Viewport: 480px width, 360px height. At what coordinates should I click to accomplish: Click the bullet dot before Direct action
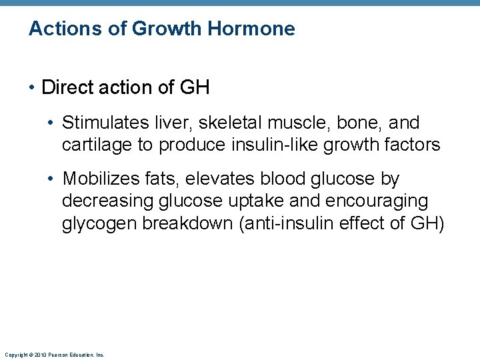[x=33, y=87]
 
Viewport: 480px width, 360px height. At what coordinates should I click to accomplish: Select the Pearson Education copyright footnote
[x=54, y=355]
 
